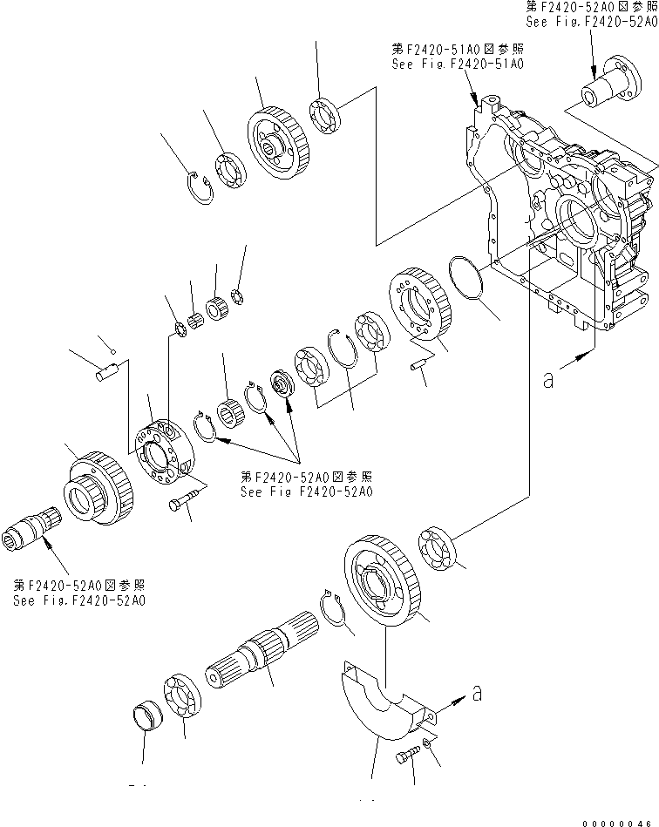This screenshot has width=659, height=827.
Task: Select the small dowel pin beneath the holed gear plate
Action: tap(417, 367)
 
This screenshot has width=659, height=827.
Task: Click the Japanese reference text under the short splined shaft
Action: tap(79, 585)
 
